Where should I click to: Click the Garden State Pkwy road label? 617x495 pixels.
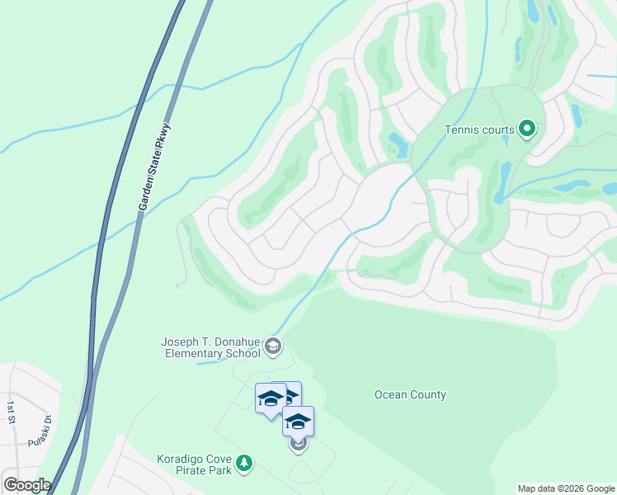pyautogui.click(x=154, y=167)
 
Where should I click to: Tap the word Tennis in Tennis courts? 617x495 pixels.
pyautogui.click(x=461, y=130)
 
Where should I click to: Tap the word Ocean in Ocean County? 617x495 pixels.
pyautogui.click(x=391, y=394)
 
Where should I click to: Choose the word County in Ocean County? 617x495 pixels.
pyautogui.click(x=429, y=394)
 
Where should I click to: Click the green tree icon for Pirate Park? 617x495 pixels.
pyautogui.click(x=243, y=464)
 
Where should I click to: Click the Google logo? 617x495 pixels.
pyautogui.click(x=27, y=485)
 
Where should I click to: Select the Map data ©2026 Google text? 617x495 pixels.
pyautogui.click(x=565, y=488)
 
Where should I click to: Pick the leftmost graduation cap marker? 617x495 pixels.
pyautogui.click(x=271, y=399)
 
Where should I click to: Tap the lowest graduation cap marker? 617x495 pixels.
pyautogui.click(x=298, y=422)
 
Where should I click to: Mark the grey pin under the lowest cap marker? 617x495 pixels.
pyautogui.click(x=299, y=445)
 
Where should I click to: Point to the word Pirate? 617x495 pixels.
pyautogui.click(x=173, y=471)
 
